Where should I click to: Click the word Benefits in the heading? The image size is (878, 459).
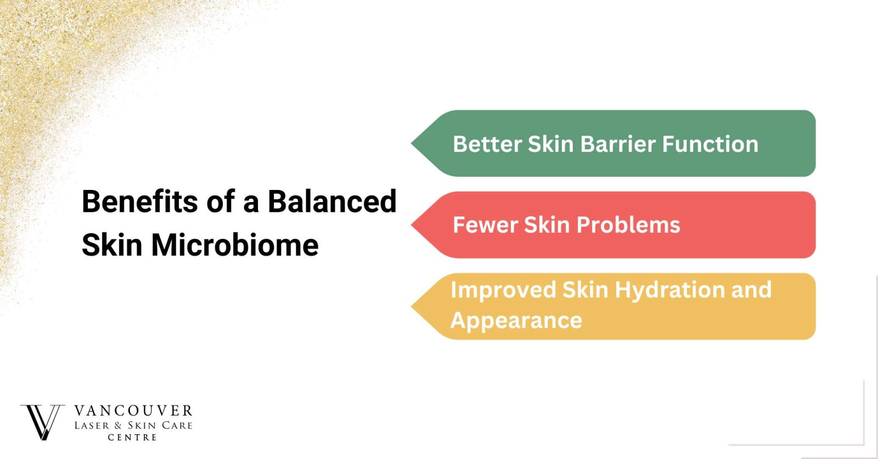tap(140, 201)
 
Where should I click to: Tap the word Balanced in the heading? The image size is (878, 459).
tap(333, 201)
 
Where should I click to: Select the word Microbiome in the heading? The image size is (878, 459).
tap(235, 245)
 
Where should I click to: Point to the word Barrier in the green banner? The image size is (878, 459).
tap(618, 144)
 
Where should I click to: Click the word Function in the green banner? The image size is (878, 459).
tap(710, 144)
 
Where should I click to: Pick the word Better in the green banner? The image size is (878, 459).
tap(487, 144)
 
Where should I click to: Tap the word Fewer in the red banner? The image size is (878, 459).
tap(485, 225)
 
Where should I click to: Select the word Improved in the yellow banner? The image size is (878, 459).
tap(503, 290)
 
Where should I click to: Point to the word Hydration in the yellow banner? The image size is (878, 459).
tap(669, 290)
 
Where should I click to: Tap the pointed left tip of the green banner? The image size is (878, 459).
tap(411, 143)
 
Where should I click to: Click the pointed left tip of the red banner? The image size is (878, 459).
tap(411, 225)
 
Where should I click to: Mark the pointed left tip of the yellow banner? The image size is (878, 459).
tap(411, 306)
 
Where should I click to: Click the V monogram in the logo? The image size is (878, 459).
tap(42, 423)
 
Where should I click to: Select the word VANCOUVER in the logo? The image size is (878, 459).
tap(133, 411)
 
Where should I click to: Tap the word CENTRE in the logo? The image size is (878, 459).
tap(132, 438)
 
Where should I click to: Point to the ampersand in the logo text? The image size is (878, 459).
tap(119, 426)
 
